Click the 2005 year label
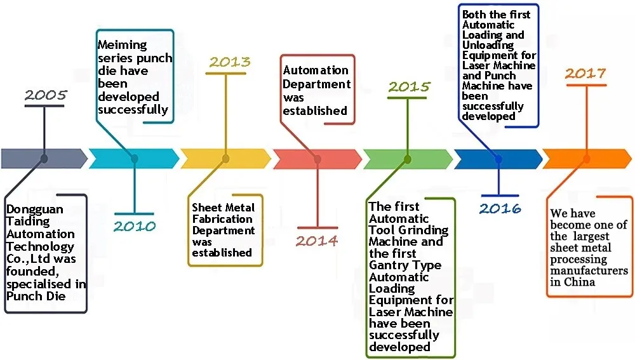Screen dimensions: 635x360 (46, 96)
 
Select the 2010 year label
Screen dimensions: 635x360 (135, 226)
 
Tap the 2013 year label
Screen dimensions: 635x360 (230, 62)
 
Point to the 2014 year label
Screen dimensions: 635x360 (317, 241)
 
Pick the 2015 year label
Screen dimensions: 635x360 (409, 86)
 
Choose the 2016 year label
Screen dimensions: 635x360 (500, 208)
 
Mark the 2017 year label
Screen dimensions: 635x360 (585, 74)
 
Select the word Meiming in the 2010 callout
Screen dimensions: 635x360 (123, 46)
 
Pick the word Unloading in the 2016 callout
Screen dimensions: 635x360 (488, 46)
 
